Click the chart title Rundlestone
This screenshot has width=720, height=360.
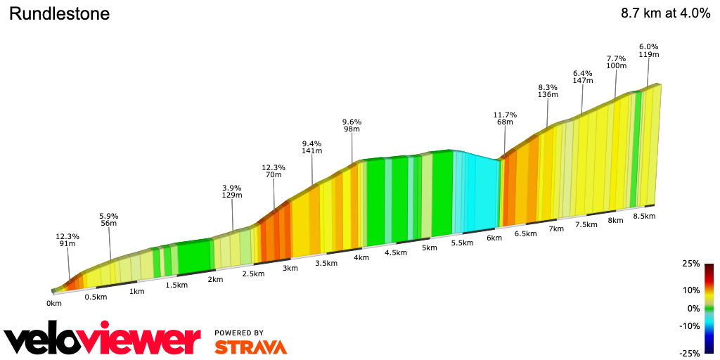(59, 14)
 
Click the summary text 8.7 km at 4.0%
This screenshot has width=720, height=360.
(665, 14)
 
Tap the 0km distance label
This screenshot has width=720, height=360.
(54, 303)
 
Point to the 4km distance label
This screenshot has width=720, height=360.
(361, 257)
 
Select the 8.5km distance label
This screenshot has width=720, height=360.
(644, 216)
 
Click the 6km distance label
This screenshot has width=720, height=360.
(494, 238)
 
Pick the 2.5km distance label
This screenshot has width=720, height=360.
(253, 274)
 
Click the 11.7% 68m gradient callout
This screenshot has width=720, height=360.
(505, 118)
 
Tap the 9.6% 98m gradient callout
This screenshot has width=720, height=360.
(352, 124)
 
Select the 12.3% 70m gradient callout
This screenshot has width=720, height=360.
(274, 172)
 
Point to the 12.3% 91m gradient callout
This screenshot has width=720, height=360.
(67, 240)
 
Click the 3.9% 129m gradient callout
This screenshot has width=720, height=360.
(232, 192)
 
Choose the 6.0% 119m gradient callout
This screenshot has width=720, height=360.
(648, 50)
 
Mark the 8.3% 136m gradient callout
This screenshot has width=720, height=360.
(548, 90)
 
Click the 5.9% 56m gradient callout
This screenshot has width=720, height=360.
(109, 219)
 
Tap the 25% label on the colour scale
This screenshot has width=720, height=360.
(690, 264)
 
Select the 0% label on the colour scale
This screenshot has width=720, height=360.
(693, 308)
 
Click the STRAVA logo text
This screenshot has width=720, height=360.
(250, 347)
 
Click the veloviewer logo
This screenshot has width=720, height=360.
(102, 340)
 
